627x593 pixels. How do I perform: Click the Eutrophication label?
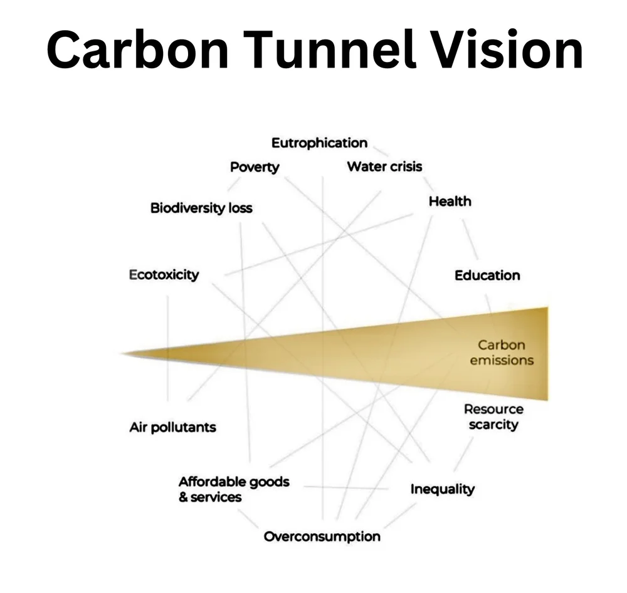(319, 143)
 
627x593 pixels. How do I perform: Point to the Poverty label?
(254, 167)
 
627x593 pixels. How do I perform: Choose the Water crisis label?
(384, 167)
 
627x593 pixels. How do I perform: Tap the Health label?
(450, 202)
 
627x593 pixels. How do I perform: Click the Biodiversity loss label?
(201, 208)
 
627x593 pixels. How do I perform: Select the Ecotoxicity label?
(164, 275)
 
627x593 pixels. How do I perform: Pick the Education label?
(487, 276)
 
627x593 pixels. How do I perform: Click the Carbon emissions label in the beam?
(502, 353)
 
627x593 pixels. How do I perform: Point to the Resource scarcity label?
(493, 417)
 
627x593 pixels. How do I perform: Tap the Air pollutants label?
(172, 428)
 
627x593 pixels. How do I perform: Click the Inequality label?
(442, 489)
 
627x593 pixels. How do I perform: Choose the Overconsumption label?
(322, 537)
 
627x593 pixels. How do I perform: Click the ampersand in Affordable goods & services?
(183, 498)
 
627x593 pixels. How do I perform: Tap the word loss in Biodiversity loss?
(240, 208)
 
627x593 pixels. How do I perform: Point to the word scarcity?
(493, 425)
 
